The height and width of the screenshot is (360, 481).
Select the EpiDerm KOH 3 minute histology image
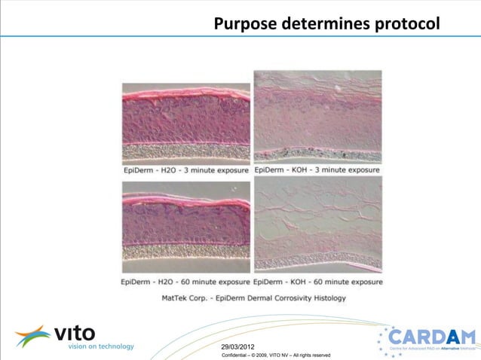pos(317,117)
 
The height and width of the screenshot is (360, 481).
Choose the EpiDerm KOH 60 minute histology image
pos(317,227)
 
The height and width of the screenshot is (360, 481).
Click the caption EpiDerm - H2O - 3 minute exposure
pos(186,170)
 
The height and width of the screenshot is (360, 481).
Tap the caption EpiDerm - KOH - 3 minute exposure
pos(317,170)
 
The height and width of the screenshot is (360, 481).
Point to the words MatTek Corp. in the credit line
pos(188,297)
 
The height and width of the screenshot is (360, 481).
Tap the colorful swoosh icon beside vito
pos(32,337)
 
